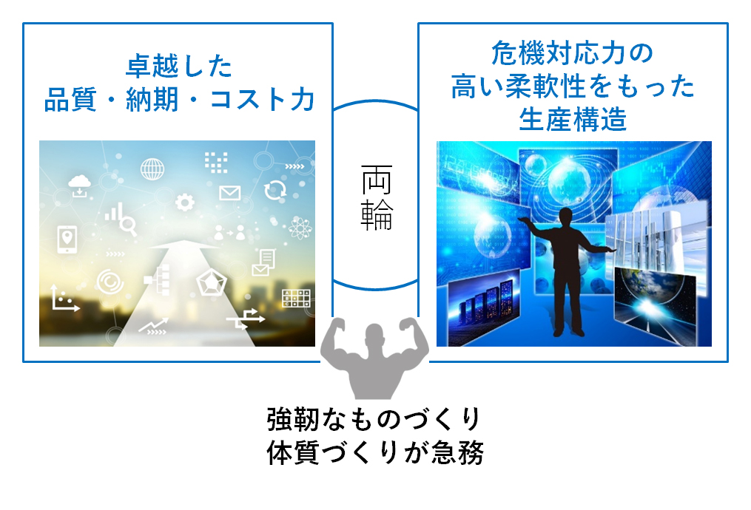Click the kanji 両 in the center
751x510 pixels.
(x=377, y=180)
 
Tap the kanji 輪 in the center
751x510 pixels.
(x=377, y=215)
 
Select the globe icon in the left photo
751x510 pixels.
(x=152, y=169)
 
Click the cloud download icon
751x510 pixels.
(x=79, y=186)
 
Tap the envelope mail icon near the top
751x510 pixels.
(x=230, y=193)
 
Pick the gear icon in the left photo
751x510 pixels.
(x=185, y=203)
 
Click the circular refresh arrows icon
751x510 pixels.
(x=275, y=191)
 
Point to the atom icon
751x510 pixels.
(x=300, y=227)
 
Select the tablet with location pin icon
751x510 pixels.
(x=67, y=239)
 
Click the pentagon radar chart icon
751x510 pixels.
(x=211, y=283)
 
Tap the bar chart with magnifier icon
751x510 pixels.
(x=121, y=219)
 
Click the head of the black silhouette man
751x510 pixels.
(x=566, y=216)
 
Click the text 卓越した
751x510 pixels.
(x=179, y=66)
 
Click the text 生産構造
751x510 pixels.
(x=573, y=119)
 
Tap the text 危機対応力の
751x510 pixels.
(x=573, y=52)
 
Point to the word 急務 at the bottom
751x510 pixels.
(x=457, y=452)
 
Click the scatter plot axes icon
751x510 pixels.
(x=64, y=299)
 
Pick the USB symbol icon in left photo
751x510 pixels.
(x=245, y=319)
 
